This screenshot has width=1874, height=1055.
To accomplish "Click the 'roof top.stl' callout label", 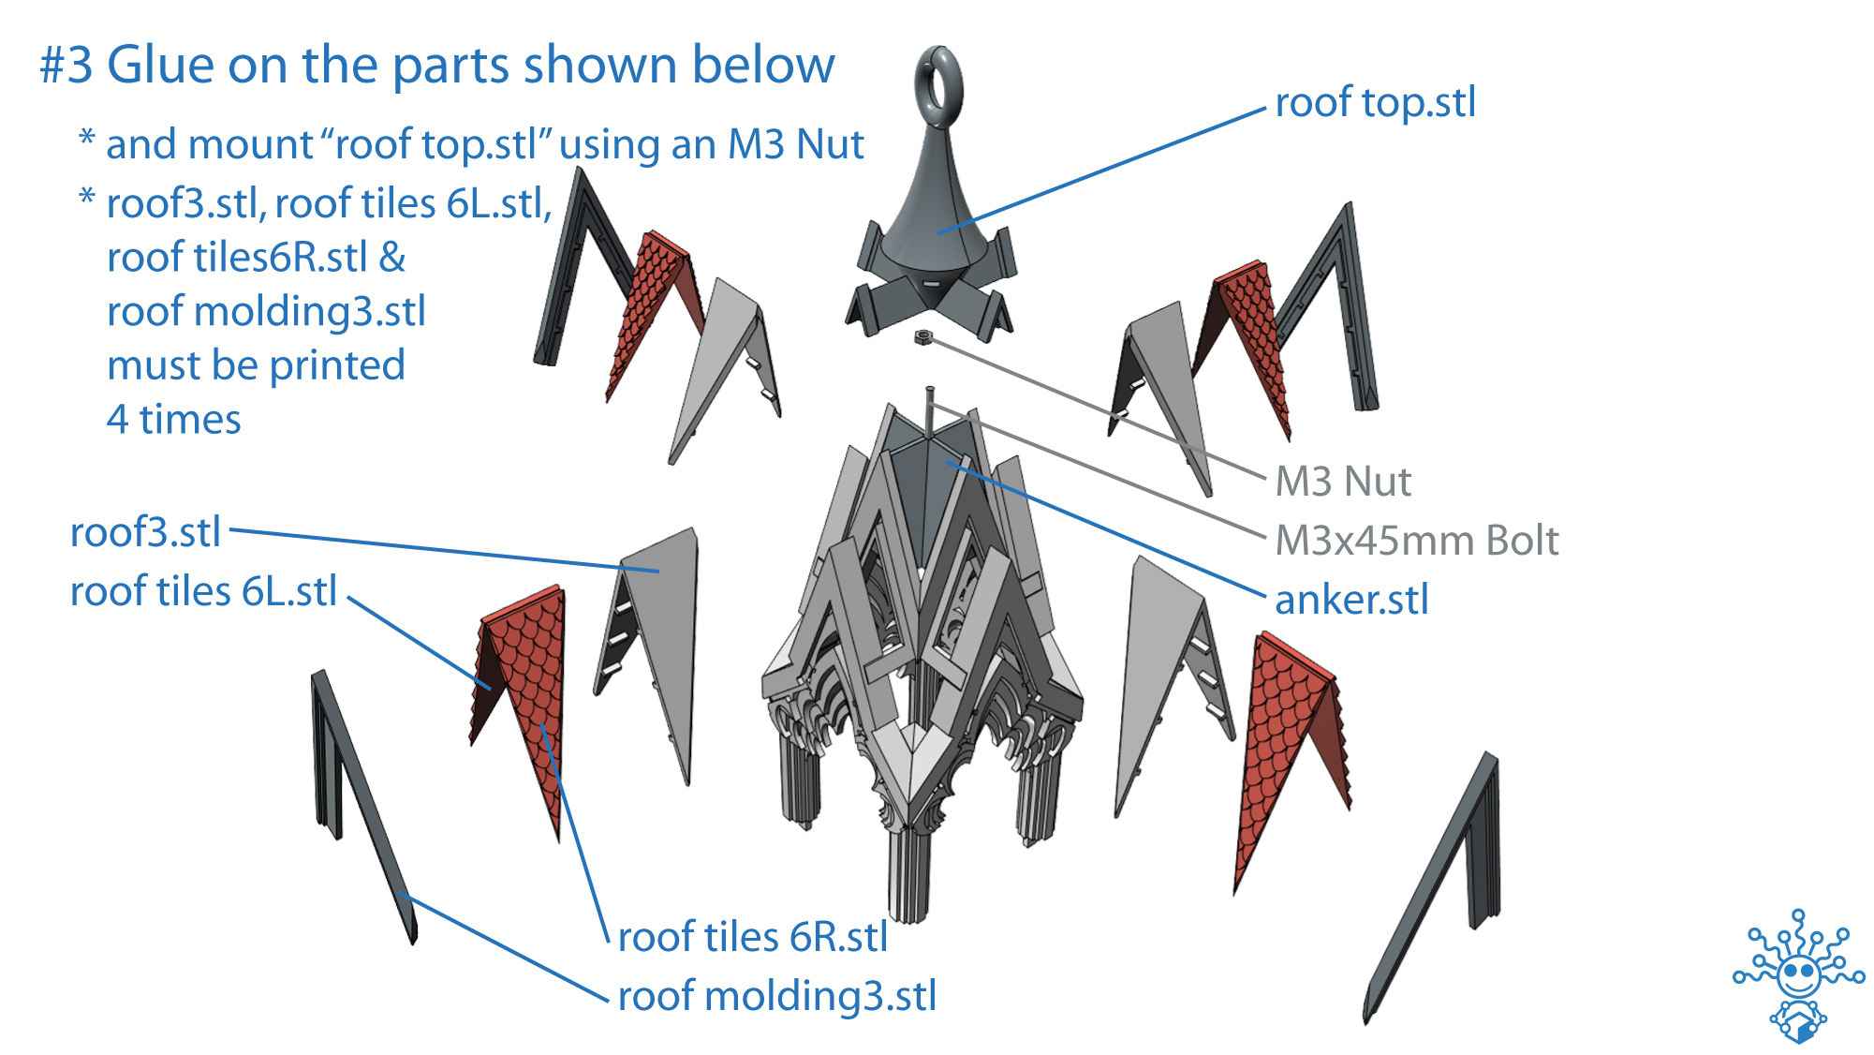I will pyautogui.click(x=1375, y=103).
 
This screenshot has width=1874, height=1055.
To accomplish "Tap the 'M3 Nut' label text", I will pyautogui.click(x=1342, y=482).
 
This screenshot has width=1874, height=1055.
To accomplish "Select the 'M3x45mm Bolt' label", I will pyautogui.click(x=1416, y=541).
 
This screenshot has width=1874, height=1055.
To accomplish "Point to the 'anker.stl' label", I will pyautogui.click(x=1351, y=600).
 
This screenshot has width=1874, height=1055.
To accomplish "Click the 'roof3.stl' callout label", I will pyautogui.click(x=145, y=532).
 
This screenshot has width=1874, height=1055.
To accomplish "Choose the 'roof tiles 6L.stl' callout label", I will pyautogui.click(x=203, y=591).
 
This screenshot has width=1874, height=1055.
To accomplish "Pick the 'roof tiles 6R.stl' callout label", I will pyautogui.click(x=752, y=937).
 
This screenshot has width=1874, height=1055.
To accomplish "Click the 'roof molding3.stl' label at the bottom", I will pyautogui.click(x=776, y=996).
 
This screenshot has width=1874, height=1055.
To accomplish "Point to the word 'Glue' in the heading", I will pyautogui.click(x=161, y=66).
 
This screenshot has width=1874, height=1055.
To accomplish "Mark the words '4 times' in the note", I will pyautogui.click(x=173, y=420).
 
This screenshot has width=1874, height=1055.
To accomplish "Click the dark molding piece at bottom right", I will pyautogui.click(x=1442, y=881).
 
